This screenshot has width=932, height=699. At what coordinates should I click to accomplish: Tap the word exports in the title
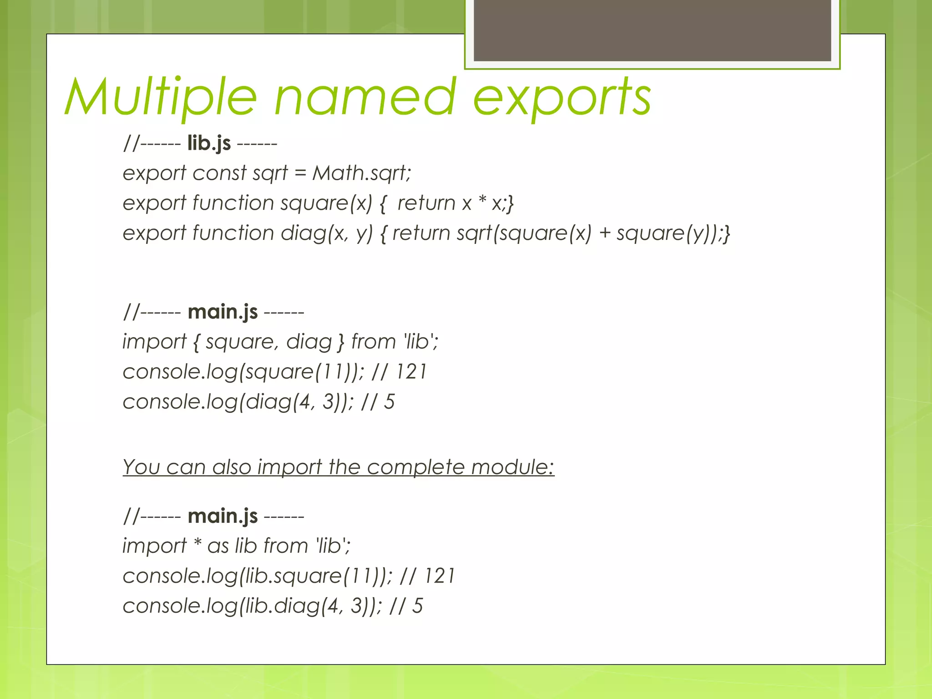(x=562, y=98)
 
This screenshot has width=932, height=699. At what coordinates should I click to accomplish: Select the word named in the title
(x=365, y=97)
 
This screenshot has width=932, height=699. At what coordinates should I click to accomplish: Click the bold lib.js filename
(x=209, y=143)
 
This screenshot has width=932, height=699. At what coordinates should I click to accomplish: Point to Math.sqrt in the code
(x=361, y=173)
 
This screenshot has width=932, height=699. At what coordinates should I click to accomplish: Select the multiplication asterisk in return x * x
(x=482, y=201)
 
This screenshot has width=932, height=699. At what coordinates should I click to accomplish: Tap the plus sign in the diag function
(x=604, y=233)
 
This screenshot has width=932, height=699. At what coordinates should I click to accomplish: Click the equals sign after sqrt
(x=300, y=173)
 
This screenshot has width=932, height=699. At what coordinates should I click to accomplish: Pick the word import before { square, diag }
(x=155, y=342)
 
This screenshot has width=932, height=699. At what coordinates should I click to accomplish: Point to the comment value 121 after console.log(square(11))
(x=411, y=372)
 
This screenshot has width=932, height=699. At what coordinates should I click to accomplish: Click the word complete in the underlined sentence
(x=415, y=467)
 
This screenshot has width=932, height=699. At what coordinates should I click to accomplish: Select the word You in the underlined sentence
(x=141, y=467)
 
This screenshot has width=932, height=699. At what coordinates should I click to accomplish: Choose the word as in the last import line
(x=218, y=546)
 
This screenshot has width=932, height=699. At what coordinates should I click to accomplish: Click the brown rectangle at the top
(x=652, y=30)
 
